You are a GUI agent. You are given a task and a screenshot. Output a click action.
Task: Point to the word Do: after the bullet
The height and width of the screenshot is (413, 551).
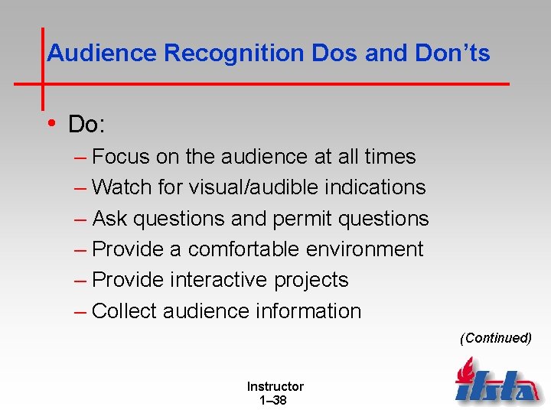coord(85,124)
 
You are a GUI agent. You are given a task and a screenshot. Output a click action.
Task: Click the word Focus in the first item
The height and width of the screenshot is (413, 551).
coord(121,157)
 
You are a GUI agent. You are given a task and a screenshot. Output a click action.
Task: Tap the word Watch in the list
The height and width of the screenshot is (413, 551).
coord(122,187)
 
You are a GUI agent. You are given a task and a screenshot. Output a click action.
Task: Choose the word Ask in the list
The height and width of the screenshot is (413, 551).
coord(110,219)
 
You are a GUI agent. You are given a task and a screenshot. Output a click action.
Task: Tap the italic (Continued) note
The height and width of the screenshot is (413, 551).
coord(495,338)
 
